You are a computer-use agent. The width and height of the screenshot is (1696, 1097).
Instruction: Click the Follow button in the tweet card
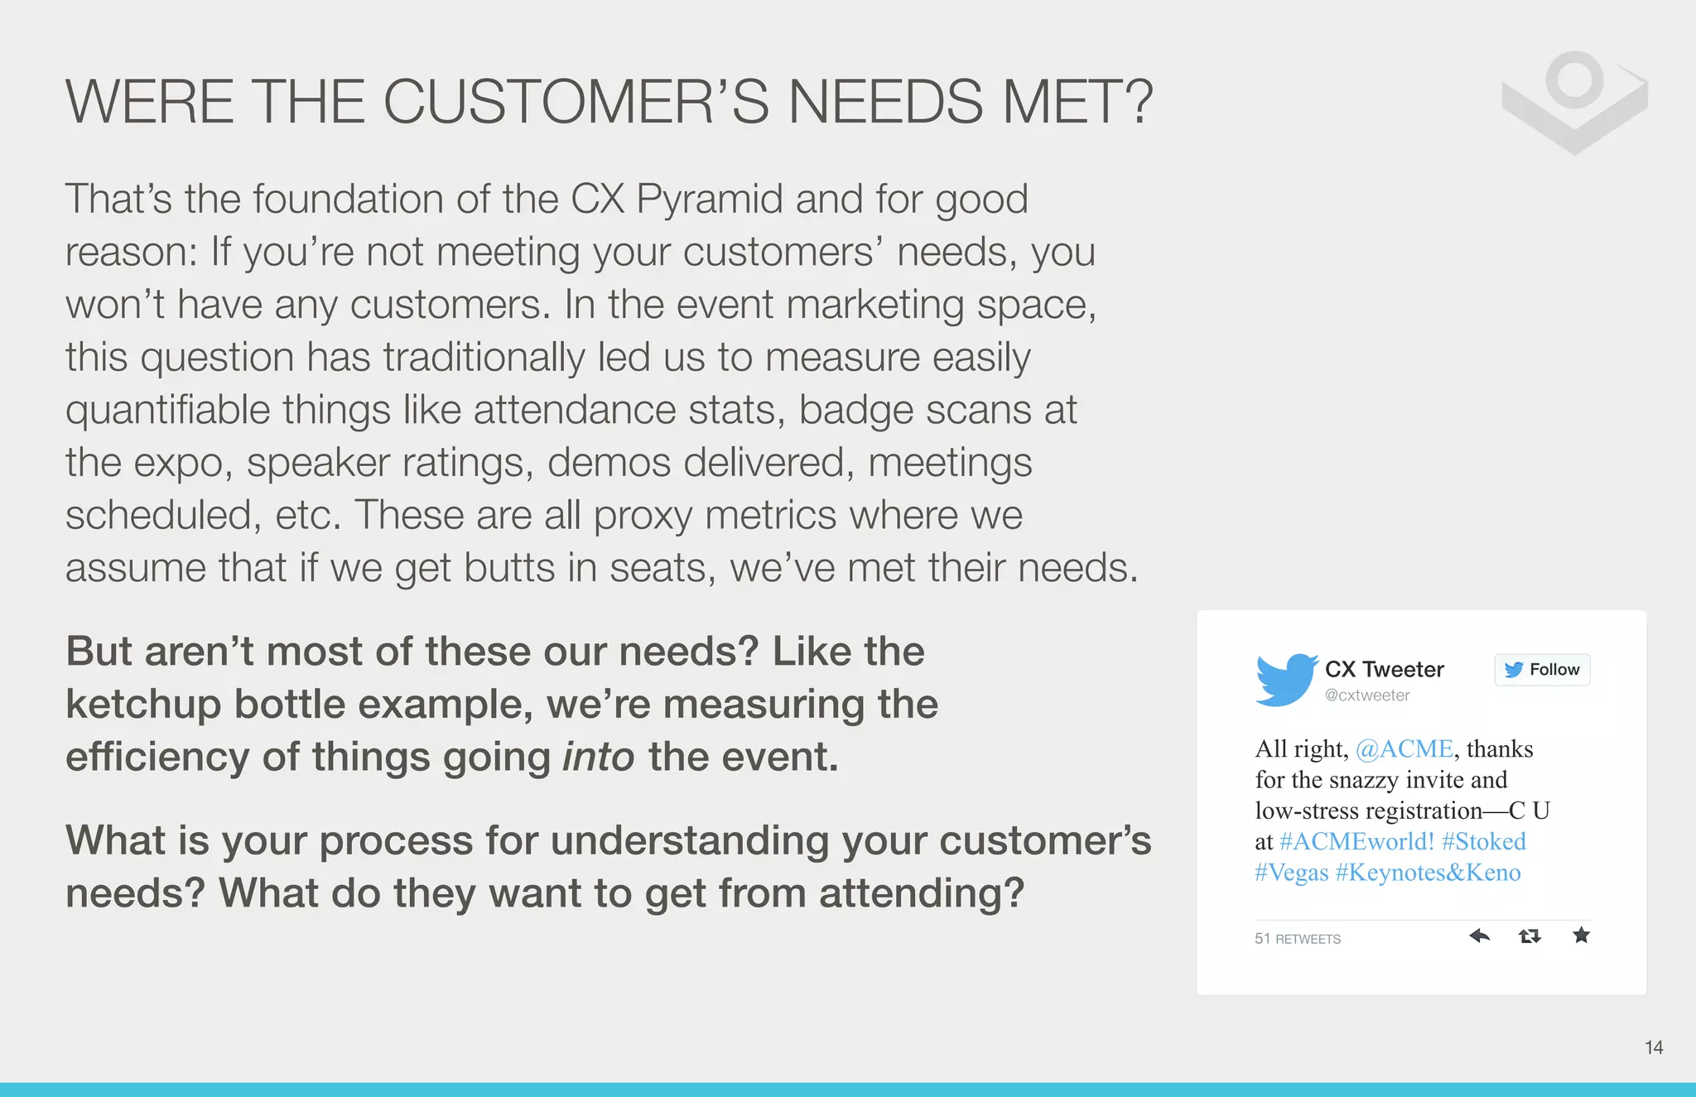[1542, 670]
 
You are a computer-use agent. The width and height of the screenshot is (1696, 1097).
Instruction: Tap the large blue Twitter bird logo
[1285, 680]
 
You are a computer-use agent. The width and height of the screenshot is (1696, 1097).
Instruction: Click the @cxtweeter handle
[1367, 695]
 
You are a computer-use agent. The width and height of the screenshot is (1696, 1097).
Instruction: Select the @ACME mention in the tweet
[1404, 749]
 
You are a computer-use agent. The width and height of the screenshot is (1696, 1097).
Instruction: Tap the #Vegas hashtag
[1291, 873]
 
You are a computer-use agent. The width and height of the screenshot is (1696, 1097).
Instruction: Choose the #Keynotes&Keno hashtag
[1428, 873]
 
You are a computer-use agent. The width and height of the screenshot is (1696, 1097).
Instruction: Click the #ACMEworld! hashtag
[1356, 842]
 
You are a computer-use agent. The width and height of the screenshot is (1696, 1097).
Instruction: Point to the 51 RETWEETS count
[1297, 939]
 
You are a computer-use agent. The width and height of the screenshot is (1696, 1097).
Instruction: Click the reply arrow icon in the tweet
[1479, 936]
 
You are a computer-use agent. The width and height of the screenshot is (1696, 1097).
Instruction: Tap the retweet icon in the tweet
[1530, 936]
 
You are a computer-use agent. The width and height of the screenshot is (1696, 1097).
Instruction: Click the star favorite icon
[1581, 936]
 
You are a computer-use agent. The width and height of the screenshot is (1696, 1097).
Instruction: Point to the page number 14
[1653, 1048]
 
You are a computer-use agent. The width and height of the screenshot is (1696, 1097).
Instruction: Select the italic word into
[598, 757]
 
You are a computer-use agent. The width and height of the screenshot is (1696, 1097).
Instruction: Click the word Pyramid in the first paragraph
[709, 200]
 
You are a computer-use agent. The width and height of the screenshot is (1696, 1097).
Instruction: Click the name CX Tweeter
[1384, 669]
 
